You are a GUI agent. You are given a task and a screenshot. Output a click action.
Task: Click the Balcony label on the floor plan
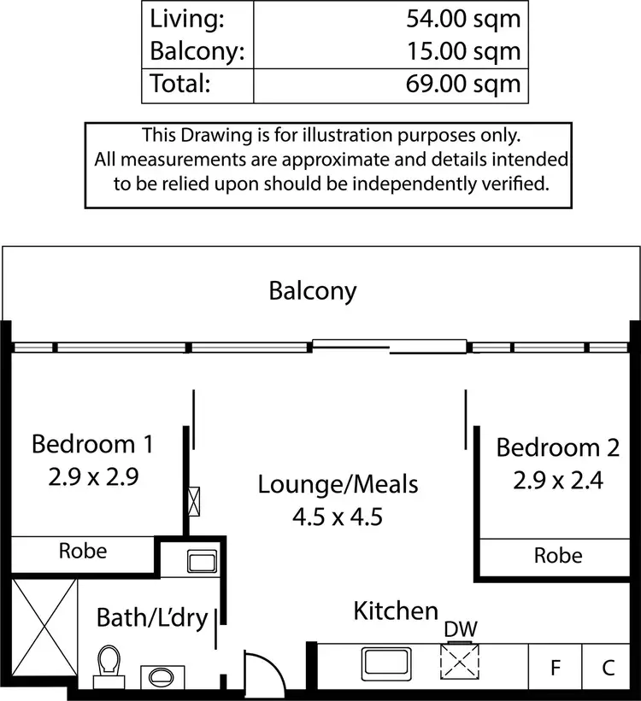point(312,291)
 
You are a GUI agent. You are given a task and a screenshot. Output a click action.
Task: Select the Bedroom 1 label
point(91,444)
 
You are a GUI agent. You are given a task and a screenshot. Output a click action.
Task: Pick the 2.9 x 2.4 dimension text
point(558,481)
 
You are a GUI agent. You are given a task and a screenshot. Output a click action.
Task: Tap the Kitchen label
point(396,611)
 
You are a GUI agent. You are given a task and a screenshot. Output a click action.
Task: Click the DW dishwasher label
point(460,629)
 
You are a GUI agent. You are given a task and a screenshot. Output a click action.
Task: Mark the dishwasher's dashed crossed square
point(460,663)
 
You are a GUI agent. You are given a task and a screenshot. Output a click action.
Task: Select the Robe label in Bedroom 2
point(557,555)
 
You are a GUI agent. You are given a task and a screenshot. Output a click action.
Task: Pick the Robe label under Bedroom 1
point(83,551)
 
